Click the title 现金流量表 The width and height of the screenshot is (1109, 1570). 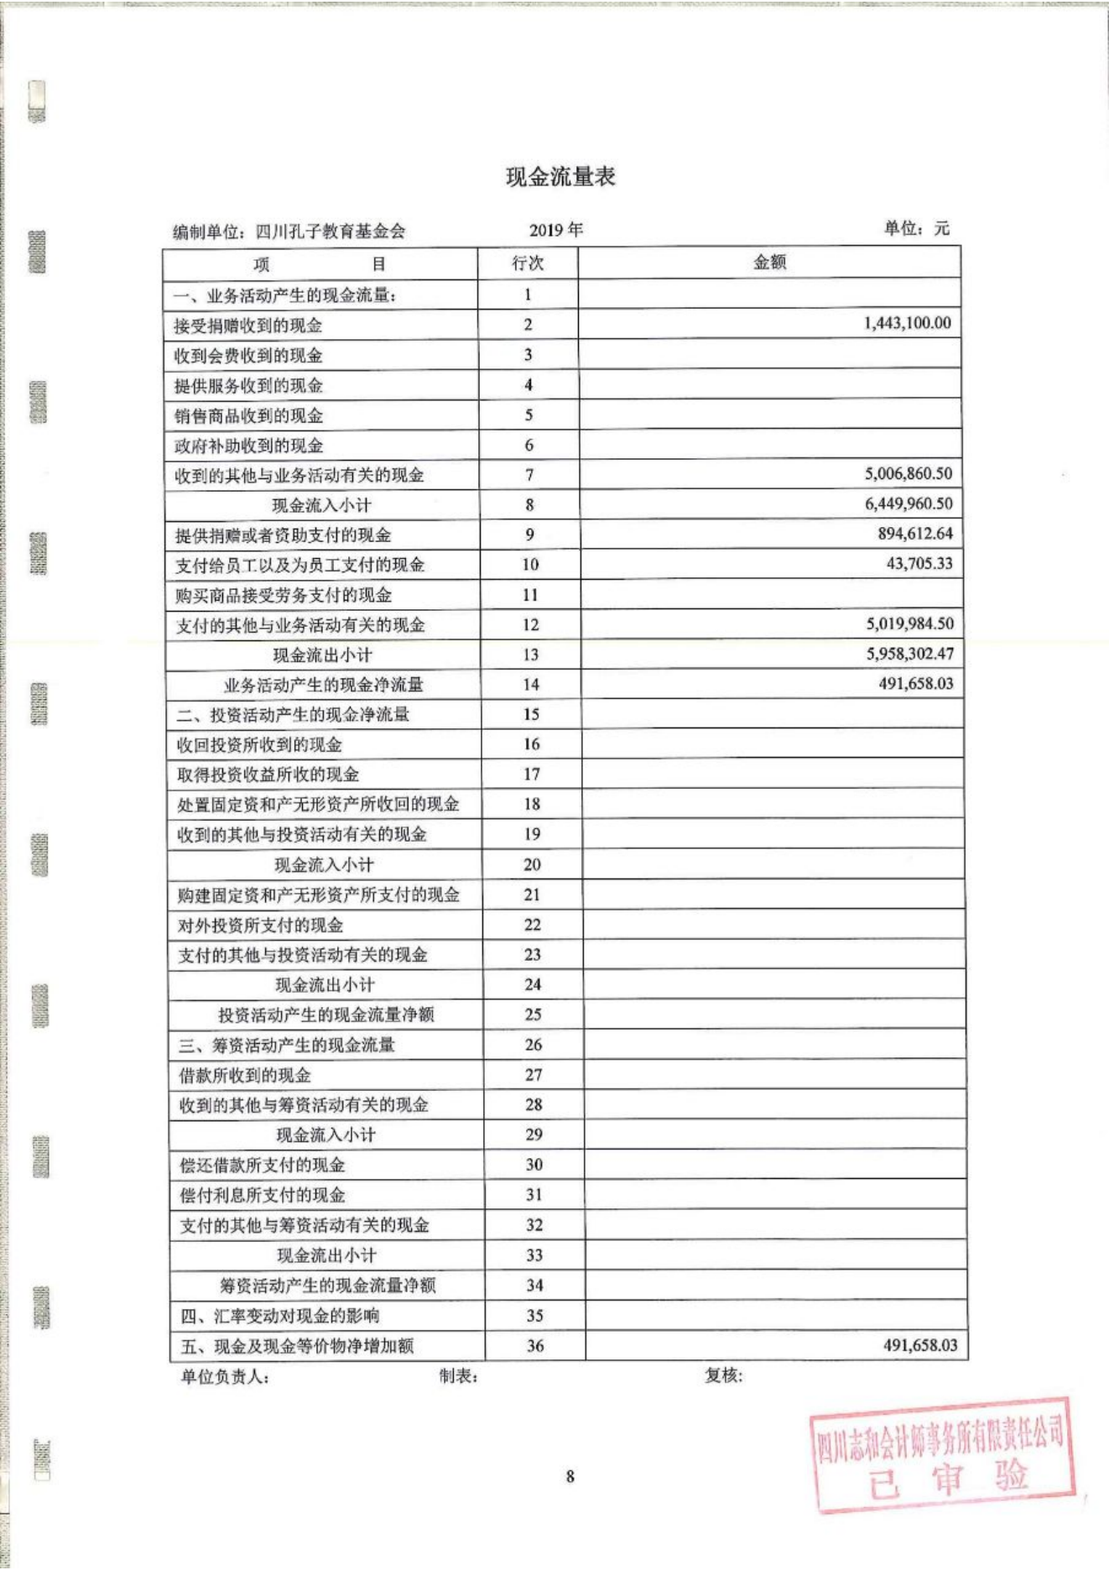[560, 176]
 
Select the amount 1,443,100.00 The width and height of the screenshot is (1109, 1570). [907, 323]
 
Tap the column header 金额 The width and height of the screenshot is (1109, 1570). [769, 263]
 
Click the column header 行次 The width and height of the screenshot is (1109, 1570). [528, 263]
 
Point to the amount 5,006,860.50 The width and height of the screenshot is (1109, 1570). [908, 473]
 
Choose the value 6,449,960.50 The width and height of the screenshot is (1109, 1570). [908, 503]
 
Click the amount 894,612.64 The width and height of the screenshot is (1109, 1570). [914, 534]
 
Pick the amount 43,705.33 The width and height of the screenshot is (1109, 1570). [919, 563]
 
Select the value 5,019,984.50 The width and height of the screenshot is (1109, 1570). [909, 623]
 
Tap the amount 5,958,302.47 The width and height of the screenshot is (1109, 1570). [909, 654]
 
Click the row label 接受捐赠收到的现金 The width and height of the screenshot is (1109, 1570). [247, 326]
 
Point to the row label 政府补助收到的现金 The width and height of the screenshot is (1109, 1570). [248, 446]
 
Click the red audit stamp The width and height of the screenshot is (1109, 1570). [942, 1454]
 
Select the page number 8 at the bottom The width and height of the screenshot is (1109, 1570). [570, 1476]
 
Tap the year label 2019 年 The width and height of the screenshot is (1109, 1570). [555, 230]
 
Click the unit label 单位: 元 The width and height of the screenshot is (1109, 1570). [916, 228]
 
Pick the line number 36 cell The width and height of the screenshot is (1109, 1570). [535, 1346]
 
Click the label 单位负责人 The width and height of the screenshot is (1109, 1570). [224, 1377]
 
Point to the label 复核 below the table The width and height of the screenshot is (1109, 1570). [723, 1375]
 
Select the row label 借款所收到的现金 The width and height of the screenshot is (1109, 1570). [245, 1075]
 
